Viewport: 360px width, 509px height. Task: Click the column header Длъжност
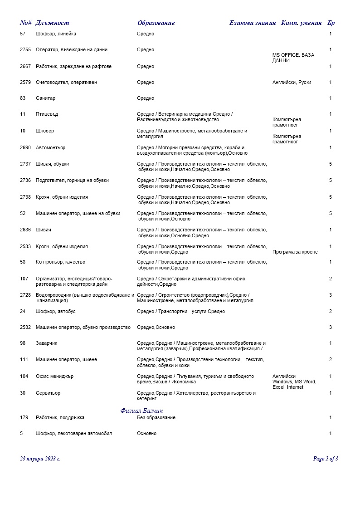[x=52, y=23]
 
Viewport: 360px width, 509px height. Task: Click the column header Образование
[x=156, y=23]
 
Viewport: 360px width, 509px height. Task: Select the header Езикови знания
[x=253, y=23]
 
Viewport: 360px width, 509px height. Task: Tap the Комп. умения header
[x=302, y=23]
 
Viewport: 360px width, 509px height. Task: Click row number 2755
[x=25, y=50]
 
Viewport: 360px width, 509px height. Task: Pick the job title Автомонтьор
[x=51, y=148]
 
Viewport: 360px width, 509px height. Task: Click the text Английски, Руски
[x=292, y=83]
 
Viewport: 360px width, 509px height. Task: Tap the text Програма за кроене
[x=295, y=252]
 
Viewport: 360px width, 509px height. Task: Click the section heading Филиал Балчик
[x=141, y=411]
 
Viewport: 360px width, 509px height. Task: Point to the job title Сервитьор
[x=48, y=393]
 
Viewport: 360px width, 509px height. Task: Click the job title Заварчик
[x=47, y=343]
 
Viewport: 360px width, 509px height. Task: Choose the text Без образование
[x=156, y=417]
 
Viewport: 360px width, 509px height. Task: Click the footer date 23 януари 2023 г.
[x=40, y=459]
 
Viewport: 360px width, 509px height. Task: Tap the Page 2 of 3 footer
[x=326, y=459]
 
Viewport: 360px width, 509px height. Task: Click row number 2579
[x=25, y=83]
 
